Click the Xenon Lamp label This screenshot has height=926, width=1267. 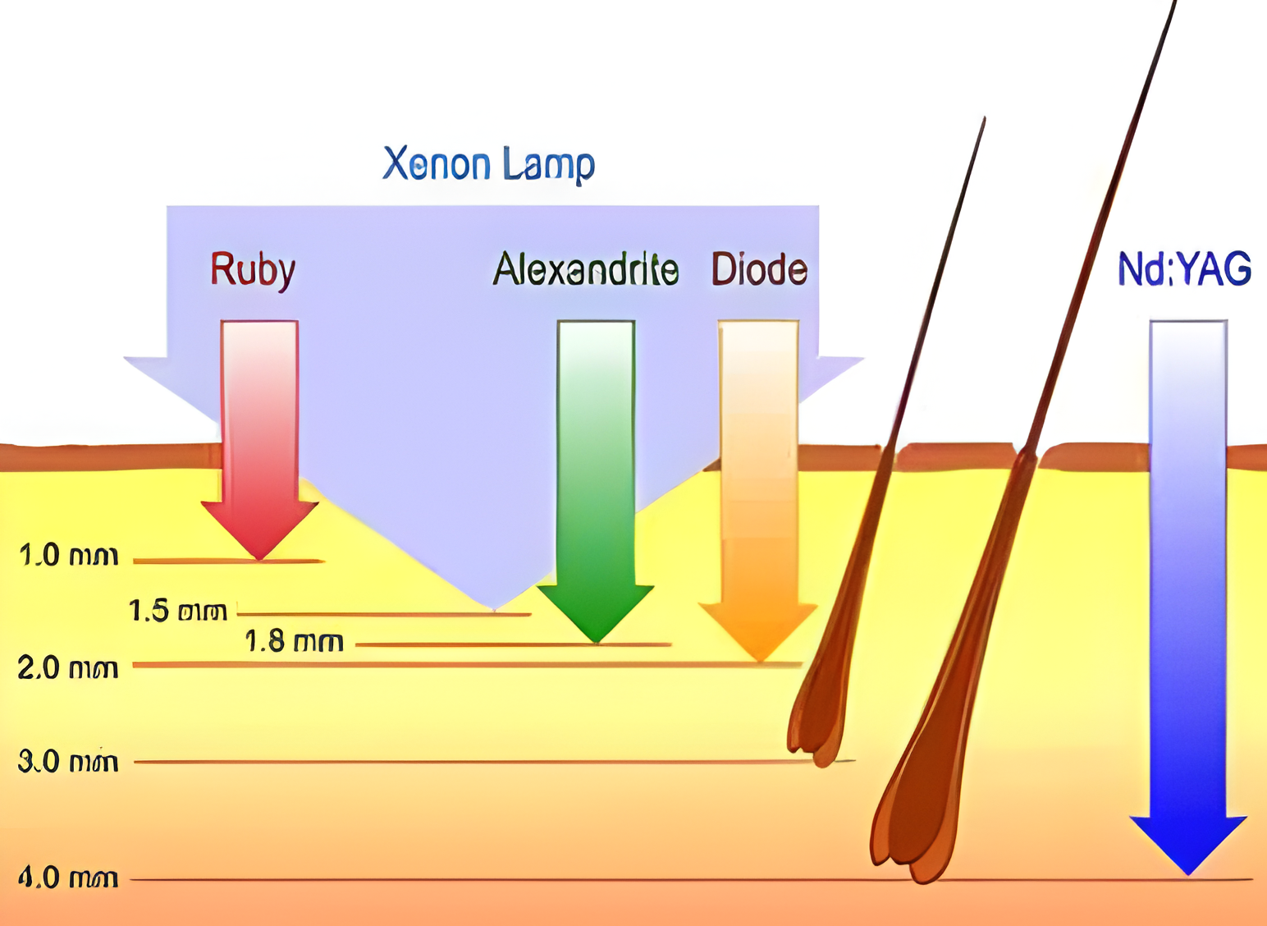488,164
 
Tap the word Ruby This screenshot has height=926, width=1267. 252,270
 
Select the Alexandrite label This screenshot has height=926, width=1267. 586,270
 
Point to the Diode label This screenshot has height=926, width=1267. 759,270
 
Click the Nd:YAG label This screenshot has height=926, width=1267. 1184,270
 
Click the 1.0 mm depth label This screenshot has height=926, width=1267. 69,557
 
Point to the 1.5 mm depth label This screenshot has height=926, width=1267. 178,612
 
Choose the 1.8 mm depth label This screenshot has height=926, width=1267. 295,642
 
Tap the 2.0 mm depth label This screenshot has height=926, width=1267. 69,668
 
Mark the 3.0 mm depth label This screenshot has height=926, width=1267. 69,762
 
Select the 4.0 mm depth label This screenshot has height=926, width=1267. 69,878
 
